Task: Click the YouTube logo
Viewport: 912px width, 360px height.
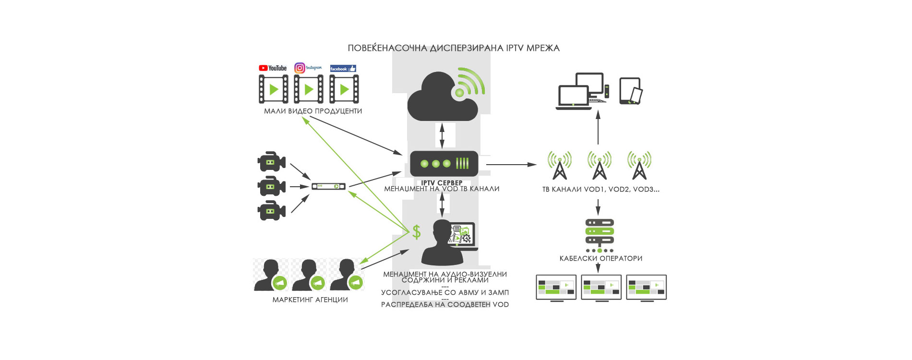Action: point(273,68)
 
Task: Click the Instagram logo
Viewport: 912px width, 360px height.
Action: point(307,68)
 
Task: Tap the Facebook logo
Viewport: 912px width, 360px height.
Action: point(343,69)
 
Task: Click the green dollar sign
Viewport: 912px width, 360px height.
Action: point(417,232)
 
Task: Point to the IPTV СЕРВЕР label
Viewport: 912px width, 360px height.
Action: point(442,182)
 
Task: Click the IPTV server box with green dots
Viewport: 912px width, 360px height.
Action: point(444,164)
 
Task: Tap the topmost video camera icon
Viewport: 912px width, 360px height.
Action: point(271,162)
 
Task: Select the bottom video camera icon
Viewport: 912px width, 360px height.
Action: point(271,211)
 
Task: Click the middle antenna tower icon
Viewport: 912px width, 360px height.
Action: point(600,165)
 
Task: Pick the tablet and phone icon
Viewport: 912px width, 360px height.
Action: point(631,91)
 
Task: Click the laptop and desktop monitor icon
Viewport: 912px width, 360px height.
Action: point(582,91)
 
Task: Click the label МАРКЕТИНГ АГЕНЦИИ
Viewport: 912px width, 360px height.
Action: point(310,300)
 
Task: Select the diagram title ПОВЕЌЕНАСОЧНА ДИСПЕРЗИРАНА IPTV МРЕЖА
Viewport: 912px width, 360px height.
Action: point(454,48)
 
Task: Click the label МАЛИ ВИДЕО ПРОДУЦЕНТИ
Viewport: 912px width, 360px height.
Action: point(313,111)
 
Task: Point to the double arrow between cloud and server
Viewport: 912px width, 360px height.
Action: point(442,135)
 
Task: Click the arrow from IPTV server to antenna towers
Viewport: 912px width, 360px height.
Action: point(511,165)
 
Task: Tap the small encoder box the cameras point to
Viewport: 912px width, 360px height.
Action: point(328,186)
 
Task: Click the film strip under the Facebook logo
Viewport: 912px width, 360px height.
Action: point(344,89)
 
